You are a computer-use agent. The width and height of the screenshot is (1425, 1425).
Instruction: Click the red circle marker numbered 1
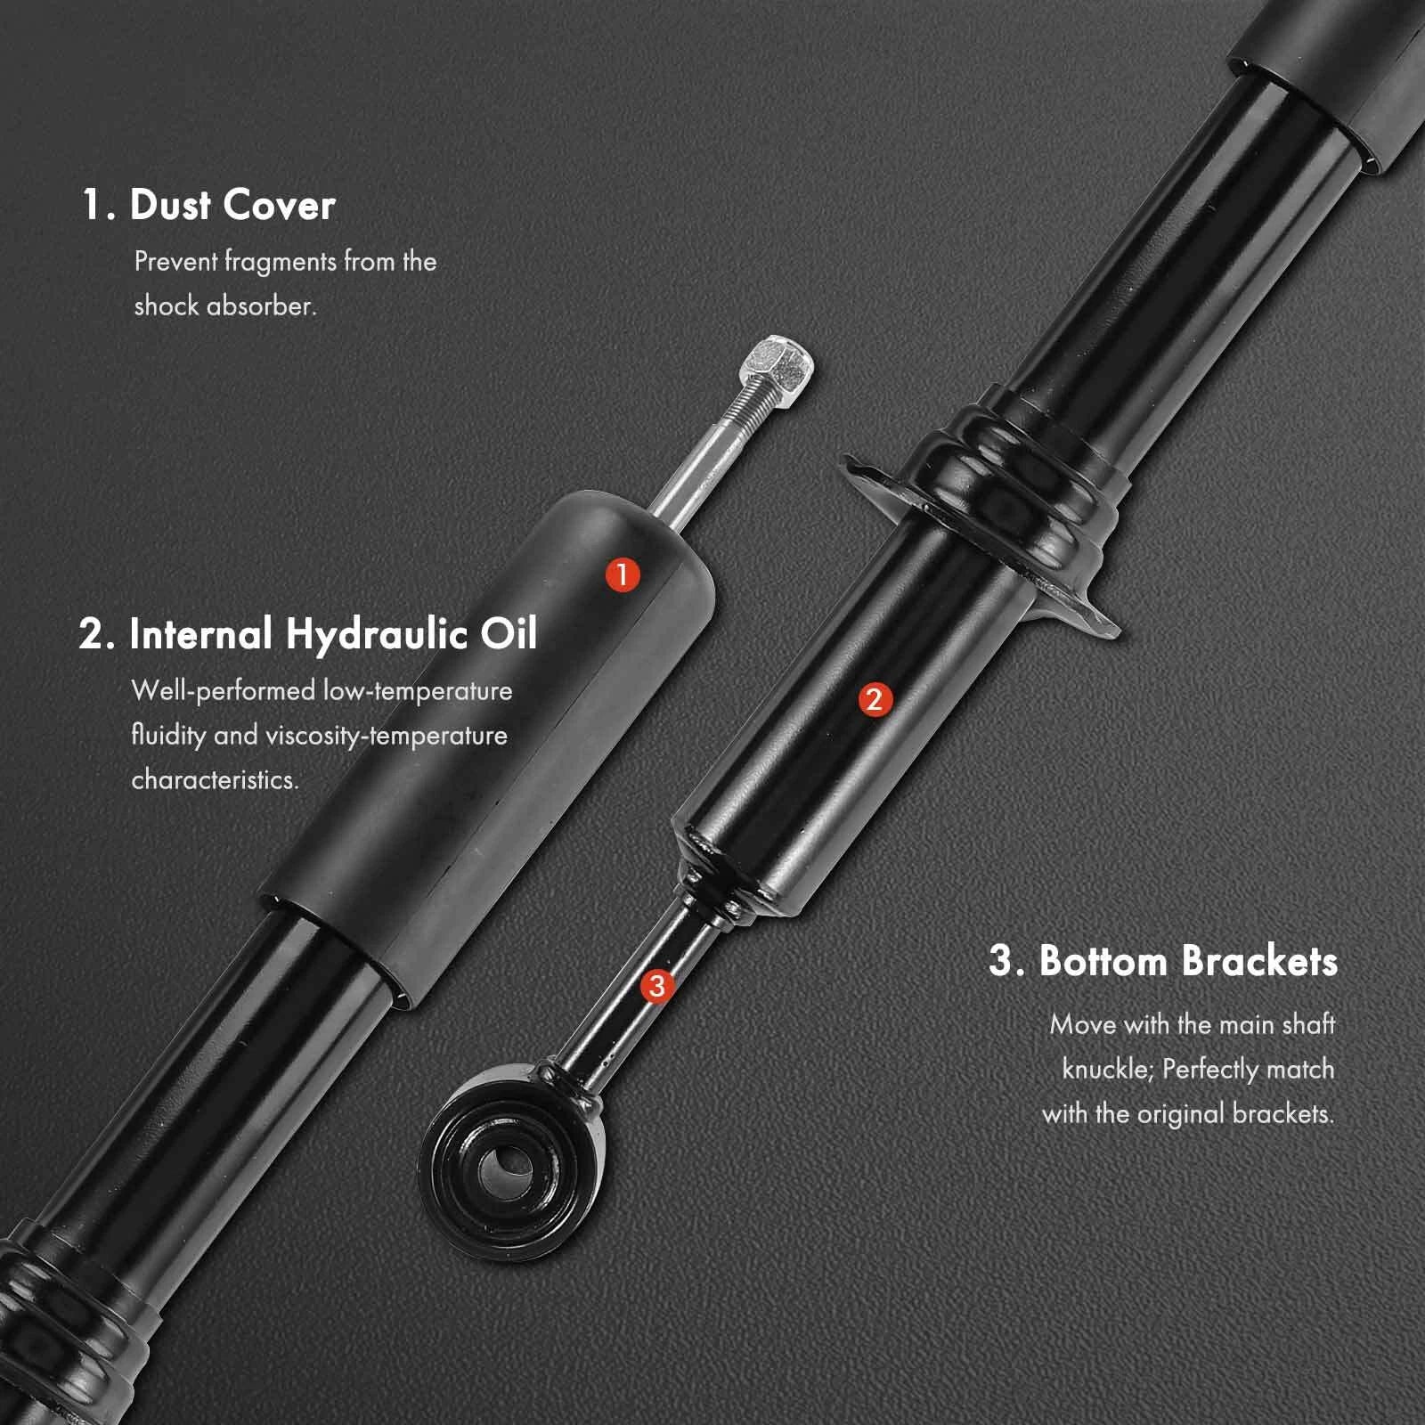[623, 574]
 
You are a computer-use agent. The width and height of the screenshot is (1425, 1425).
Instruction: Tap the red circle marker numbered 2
[874, 699]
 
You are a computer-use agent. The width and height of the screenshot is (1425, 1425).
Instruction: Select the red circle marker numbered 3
[656, 985]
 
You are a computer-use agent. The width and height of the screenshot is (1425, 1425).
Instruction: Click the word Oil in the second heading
[509, 633]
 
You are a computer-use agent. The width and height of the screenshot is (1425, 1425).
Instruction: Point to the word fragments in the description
[281, 263]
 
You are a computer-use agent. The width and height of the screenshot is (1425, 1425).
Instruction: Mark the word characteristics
[215, 779]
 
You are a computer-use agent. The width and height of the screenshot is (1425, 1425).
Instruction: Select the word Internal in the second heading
[201, 634]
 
